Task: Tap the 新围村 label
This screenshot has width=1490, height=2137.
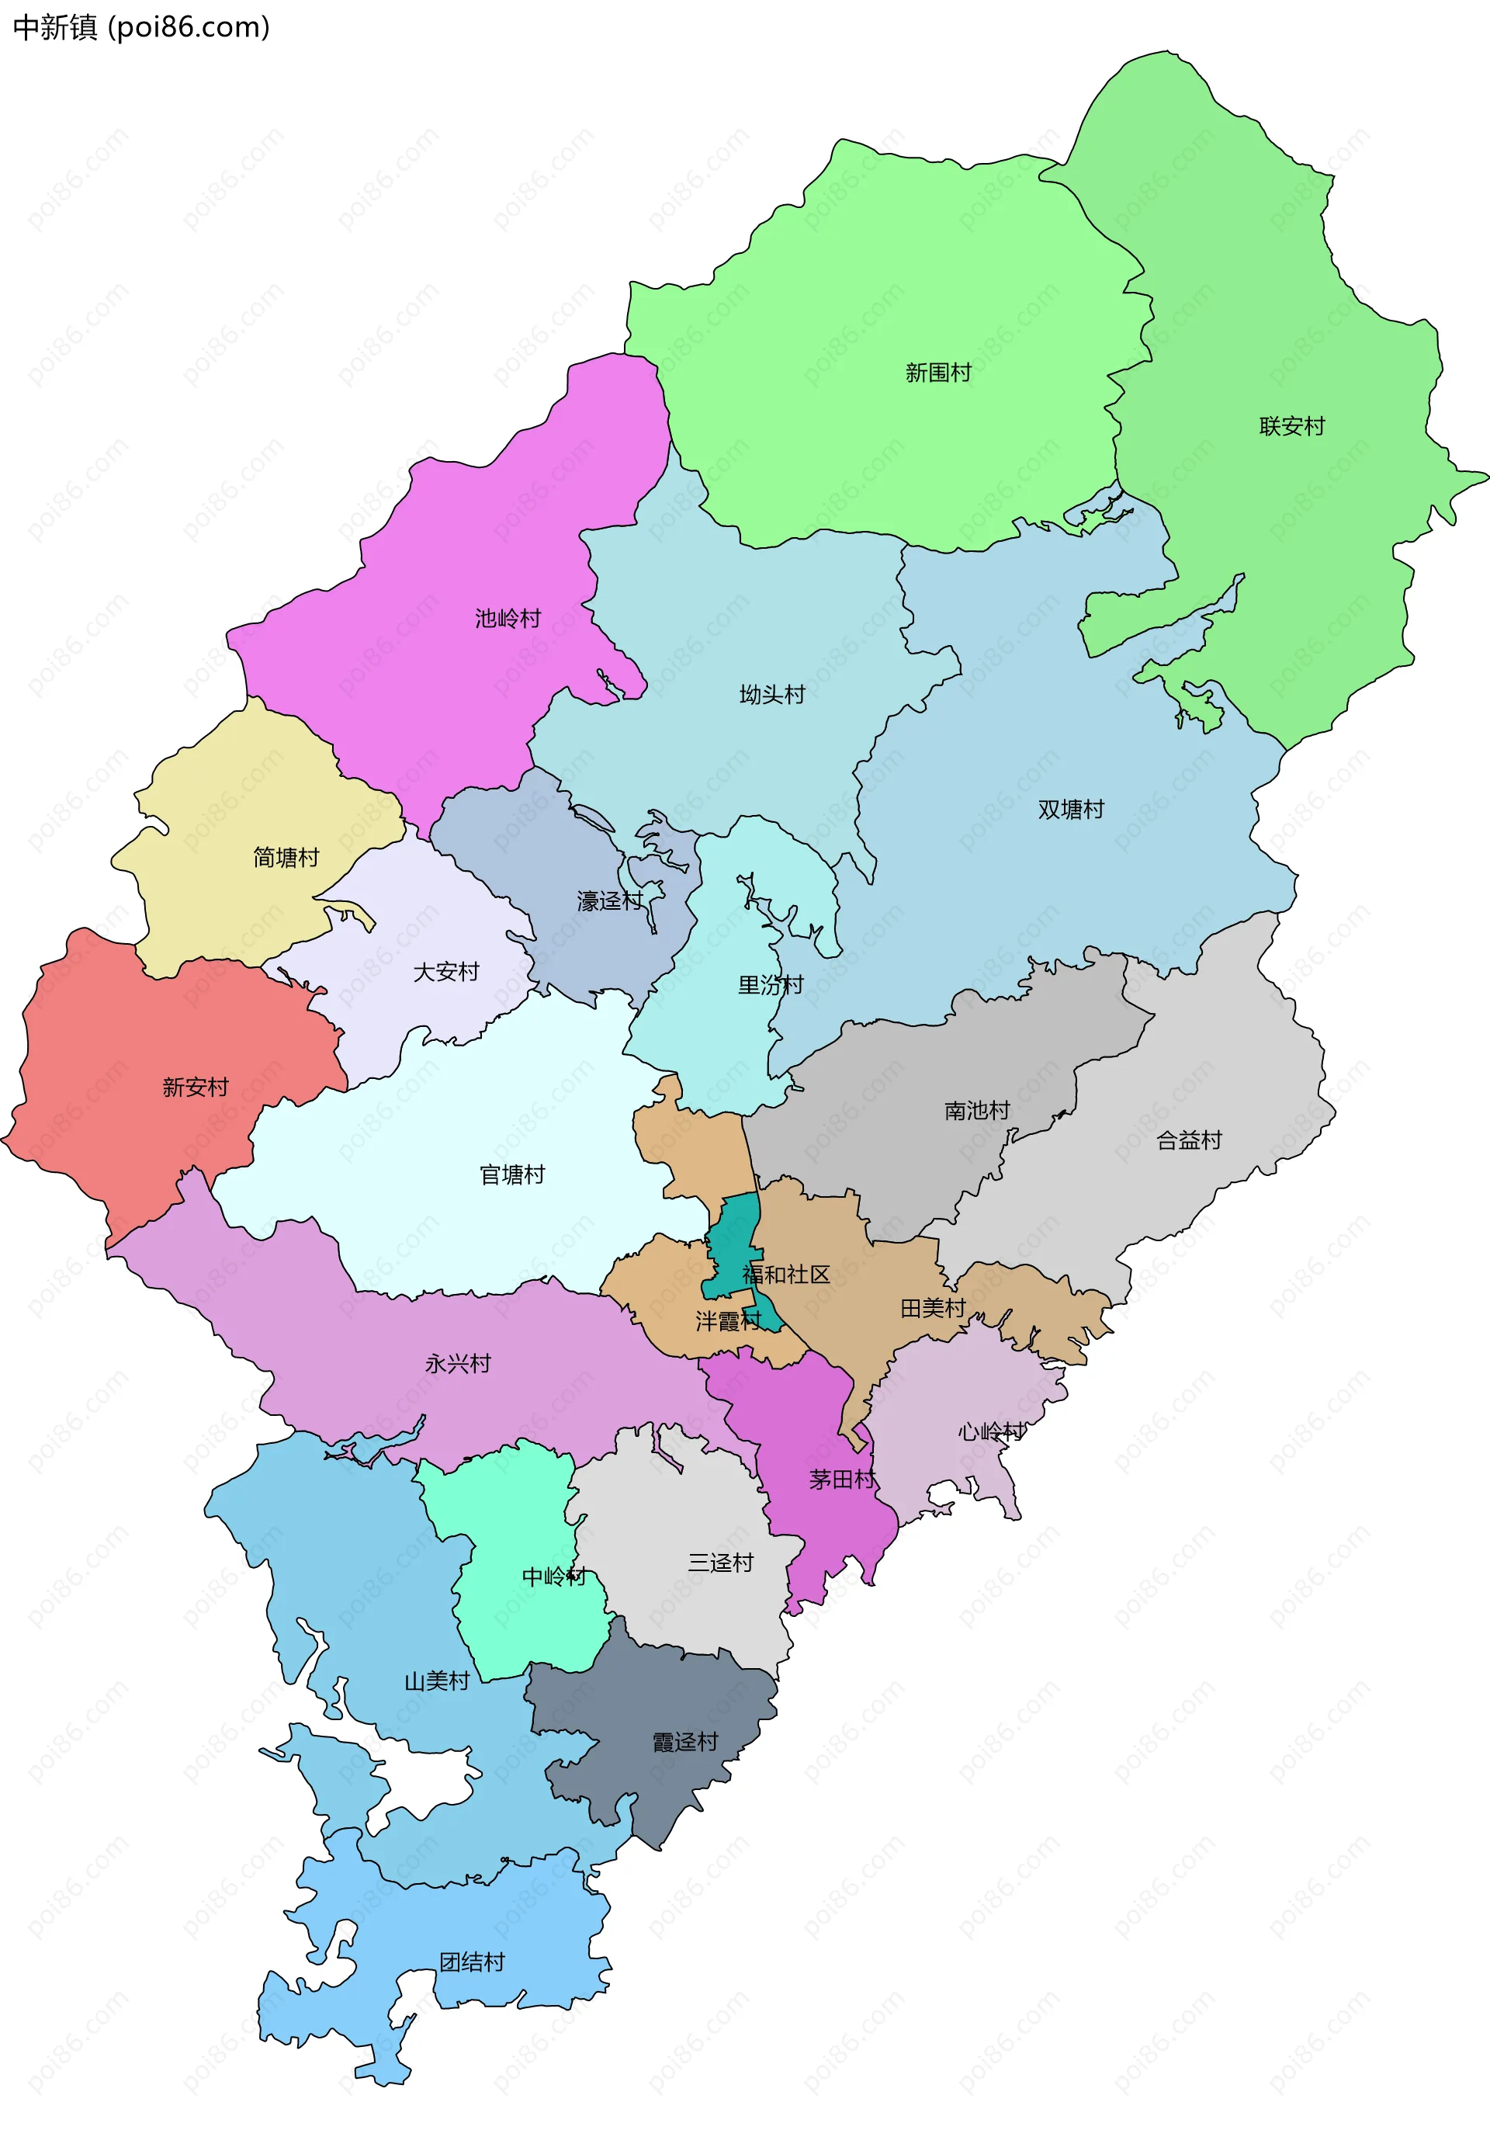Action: pyautogui.click(x=938, y=373)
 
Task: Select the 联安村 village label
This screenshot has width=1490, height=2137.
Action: pyautogui.click(x=1292, y=426)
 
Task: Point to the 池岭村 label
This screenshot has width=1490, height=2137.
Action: pyautogui.click(x=508, y=619)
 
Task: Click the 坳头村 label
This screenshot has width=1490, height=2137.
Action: pyautogui.click(x=771, y=694)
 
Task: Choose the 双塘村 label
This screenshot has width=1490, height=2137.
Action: pyautogui.click(x=1071, y=810)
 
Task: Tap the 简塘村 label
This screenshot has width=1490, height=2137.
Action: pyautogui.click(x=286, y=857)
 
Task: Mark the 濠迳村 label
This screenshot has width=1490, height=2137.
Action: pyautogui.click(x=610, y=901)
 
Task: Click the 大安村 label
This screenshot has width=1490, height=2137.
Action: pyautogui.click(x=445, y=972)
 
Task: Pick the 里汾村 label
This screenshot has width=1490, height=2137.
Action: pyautogui.click(x=771, y=985)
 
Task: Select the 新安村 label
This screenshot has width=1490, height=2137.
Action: pyautogui.click(x=196, y=1087)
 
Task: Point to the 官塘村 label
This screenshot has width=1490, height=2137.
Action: pyautogui.click(x=512, y=1174)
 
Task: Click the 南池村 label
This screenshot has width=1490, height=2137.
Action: pyautogui.click(x=977, y=1110)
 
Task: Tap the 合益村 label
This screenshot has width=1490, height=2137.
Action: pyautogui.click(x=1188, y=1140)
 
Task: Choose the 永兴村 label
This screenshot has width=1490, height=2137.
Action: pyautogui.click(x=458, y=1365)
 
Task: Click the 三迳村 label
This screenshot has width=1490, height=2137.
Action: pyautogui.click(x=720, y=1563)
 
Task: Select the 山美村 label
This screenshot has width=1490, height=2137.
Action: pyautogui.click(x=436, y=1681)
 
